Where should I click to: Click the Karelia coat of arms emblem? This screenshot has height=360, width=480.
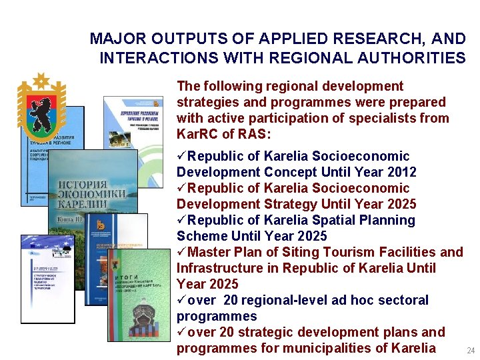click(x=41, y=107)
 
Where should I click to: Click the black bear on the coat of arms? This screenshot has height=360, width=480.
click(x=41, y=110)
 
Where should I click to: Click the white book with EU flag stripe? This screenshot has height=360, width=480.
click(x=48, y=280)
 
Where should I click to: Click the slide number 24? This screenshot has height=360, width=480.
click(x=471, y=351)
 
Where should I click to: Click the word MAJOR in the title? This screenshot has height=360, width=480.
click(x=115, y=39)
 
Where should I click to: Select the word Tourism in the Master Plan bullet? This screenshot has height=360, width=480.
click(x=332, y=252)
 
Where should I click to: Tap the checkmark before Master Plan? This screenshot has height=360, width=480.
click(x=181, y=252)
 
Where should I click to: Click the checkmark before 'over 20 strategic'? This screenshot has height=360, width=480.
click(x=181, y=332)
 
